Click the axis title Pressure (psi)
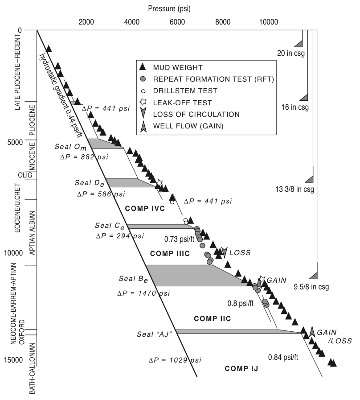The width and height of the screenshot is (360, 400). [x=169, y=8]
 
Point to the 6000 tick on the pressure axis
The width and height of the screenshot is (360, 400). [x=177, y=22]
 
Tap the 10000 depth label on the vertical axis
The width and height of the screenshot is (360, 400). [x=13, y=253]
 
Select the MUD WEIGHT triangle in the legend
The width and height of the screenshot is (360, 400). [x=143, y=67]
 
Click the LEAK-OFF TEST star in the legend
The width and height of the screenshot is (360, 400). [x=143, y=102]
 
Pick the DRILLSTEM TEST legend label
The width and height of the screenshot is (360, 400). [x=185, y=91]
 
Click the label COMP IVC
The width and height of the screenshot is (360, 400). [x=145, y=208]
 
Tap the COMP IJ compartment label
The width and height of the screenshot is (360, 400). [x=241, y=368]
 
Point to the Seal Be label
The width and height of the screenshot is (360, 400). [x=133, y=279]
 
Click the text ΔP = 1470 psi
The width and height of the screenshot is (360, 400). [x=143, y=293]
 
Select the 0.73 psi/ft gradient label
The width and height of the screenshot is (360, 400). [x=179, y=239]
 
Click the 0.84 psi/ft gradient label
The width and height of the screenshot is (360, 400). [x=283, y=357]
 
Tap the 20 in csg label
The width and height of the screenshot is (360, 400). [x=291, y=54]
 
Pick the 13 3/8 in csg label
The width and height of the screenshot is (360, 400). [x=295, y=189]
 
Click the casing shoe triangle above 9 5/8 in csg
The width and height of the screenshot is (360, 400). [x=313, y=276]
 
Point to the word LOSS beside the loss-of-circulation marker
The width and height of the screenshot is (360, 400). [x=240, y=252]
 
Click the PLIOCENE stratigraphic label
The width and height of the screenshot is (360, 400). [x=33, y=120]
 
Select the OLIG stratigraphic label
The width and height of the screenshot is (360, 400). [x=25, y=175]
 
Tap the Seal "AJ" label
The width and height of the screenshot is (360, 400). [x=155, y=334]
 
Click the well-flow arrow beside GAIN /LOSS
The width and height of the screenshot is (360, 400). [x=312, y=331]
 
